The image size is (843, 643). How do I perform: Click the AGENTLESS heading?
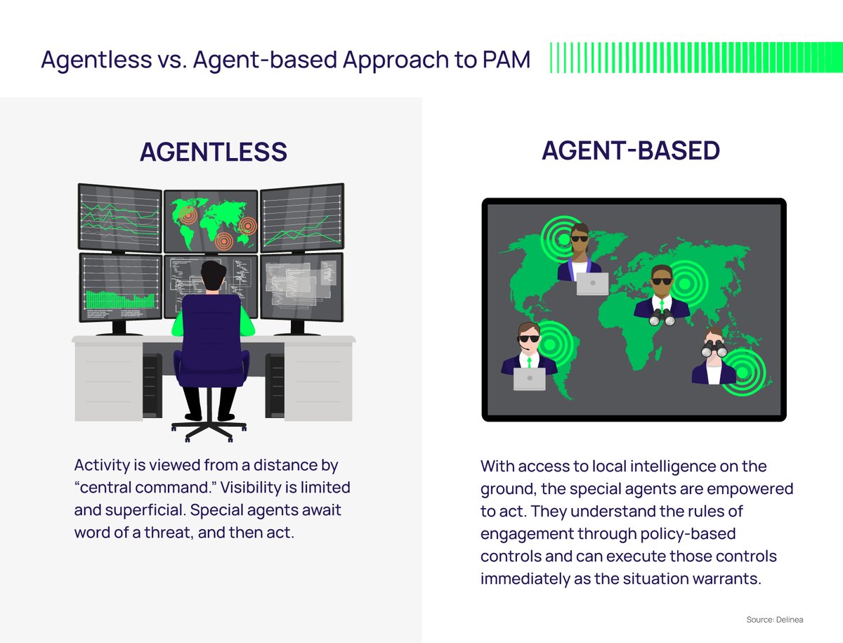click(x=213, y=152)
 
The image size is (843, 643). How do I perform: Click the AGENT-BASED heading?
click(x=630, y=150)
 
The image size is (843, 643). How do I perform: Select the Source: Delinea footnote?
click(x=774, y=620)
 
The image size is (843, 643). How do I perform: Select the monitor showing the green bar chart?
click(x=120, y=287)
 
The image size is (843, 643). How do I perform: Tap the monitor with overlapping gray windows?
click(x=301, y=286)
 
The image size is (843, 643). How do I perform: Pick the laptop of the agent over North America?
click(x=592, y=283)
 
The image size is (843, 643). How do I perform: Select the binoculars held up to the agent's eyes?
click(x=714, y=346)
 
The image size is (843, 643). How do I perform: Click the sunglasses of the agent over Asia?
click(x=662, y=282)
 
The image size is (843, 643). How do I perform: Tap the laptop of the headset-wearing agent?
click(x=530, y=379)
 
